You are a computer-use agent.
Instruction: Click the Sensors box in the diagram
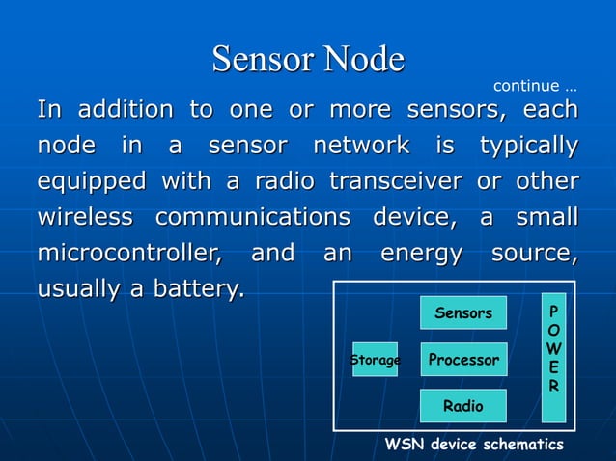(463, 312)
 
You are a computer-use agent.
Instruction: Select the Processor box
(463, 360)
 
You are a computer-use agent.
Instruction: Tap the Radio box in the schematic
(463, 406)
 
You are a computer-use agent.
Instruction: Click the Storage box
(375, 360)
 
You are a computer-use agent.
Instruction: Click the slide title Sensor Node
(308, 59)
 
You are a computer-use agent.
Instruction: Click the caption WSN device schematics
(474, 445)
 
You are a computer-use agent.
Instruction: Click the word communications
(253, 218)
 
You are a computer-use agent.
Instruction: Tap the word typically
(529, 147)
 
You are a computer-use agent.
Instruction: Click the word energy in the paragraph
(422, 255)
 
